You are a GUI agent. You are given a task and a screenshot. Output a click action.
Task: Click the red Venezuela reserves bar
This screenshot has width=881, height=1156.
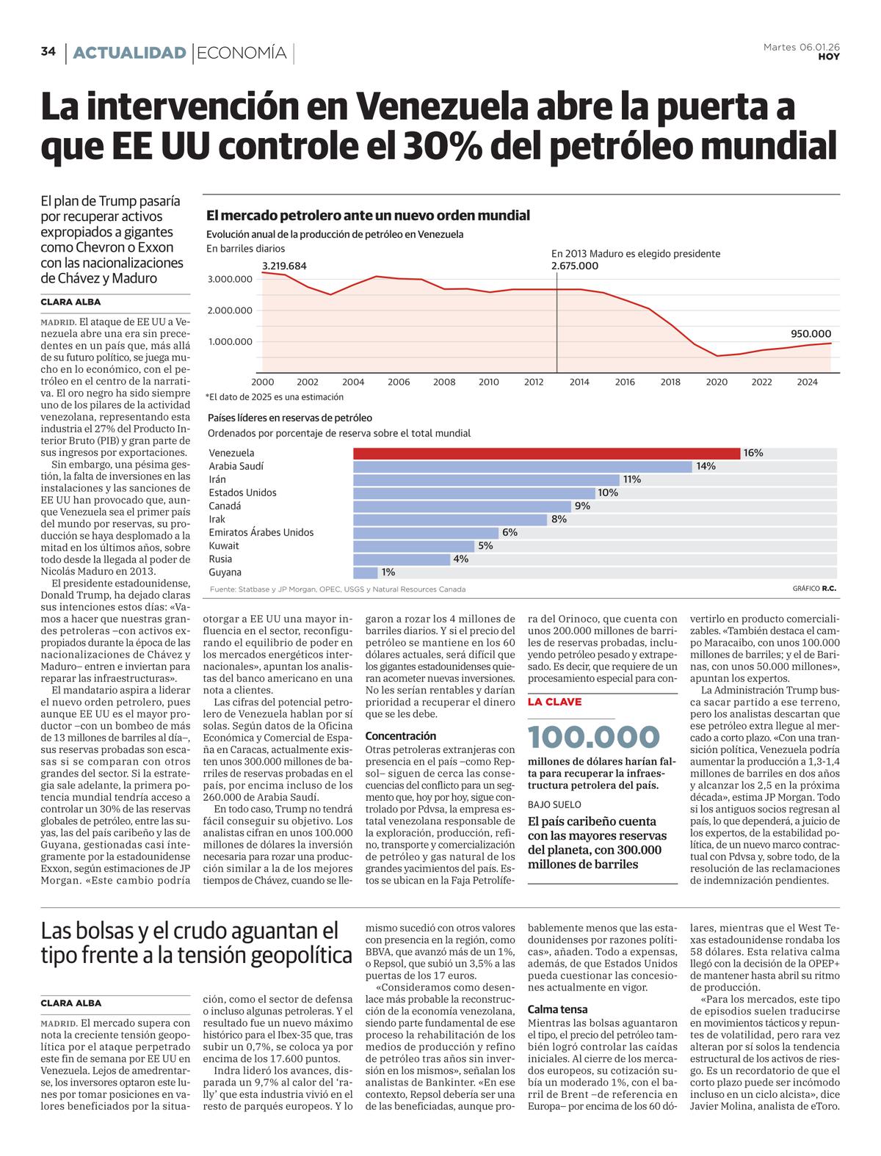click(x=546, y=453)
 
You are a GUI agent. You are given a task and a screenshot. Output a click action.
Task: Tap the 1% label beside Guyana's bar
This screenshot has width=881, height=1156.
click(x=388, y=572)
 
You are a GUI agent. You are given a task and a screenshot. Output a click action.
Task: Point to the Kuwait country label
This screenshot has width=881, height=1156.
click(x=224, y=545)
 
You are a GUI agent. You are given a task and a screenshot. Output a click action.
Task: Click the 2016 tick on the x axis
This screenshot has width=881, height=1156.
click(x=625, y=382)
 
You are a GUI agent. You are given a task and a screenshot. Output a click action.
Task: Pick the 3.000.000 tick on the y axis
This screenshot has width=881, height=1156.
click(x=231, y=279)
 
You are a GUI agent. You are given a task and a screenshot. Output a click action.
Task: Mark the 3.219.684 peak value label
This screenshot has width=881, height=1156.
click(x=284, y=266)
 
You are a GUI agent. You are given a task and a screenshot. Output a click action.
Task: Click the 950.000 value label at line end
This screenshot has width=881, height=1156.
click(x=811, y=334)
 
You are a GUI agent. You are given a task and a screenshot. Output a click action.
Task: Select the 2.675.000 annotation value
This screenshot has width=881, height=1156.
click(x=575, y=266)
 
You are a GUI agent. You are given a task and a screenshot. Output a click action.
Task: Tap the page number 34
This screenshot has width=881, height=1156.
click(x=48, y=51)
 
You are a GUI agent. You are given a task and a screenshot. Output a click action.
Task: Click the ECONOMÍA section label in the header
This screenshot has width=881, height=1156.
click(x=242, y=53)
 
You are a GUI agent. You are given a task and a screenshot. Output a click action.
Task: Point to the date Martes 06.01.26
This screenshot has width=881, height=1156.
click(x=801, y=47)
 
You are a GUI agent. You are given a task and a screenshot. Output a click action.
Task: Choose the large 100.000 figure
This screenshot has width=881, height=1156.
click(x=593, y=737)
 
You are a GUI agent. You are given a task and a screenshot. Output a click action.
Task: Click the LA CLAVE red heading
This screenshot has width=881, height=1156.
click(x=554, y=702)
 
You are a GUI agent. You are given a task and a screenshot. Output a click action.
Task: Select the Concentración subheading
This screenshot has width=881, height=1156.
click(x=401, y=735)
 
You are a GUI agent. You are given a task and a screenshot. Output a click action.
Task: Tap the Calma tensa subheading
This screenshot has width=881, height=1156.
click(x=558, y=1009)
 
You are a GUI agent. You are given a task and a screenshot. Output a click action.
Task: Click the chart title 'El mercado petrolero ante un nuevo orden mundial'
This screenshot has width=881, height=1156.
click(x=368, y=216)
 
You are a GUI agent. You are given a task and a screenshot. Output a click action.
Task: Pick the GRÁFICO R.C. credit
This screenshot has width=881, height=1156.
click(x=814, y=589)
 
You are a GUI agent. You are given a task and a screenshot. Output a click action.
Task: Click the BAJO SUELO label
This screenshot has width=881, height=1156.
click(x=554, y=804)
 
